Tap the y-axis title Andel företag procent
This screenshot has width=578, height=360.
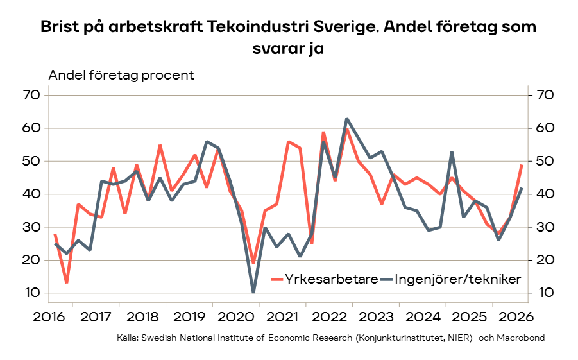click(121, 75)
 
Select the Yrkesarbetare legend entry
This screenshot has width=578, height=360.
click(325, 279)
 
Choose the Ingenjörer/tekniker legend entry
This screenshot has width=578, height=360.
click(450, 279)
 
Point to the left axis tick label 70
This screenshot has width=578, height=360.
click(31, 95)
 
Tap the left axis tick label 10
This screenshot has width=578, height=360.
click(32, 293)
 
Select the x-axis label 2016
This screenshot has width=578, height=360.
click(49, 317)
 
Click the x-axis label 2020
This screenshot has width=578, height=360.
click(236, 317)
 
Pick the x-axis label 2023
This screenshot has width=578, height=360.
click(376, 317)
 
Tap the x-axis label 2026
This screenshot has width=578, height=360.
click(516, 317)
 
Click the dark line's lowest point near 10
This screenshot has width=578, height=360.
click(253, 292)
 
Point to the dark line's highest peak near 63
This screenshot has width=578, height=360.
click(346, 119)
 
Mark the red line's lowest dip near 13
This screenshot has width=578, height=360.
click(67, 282)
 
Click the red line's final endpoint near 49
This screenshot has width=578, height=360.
click(522, 166)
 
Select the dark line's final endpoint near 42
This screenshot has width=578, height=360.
click(522, 188)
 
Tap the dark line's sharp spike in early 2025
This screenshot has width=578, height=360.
click(452, 151)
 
